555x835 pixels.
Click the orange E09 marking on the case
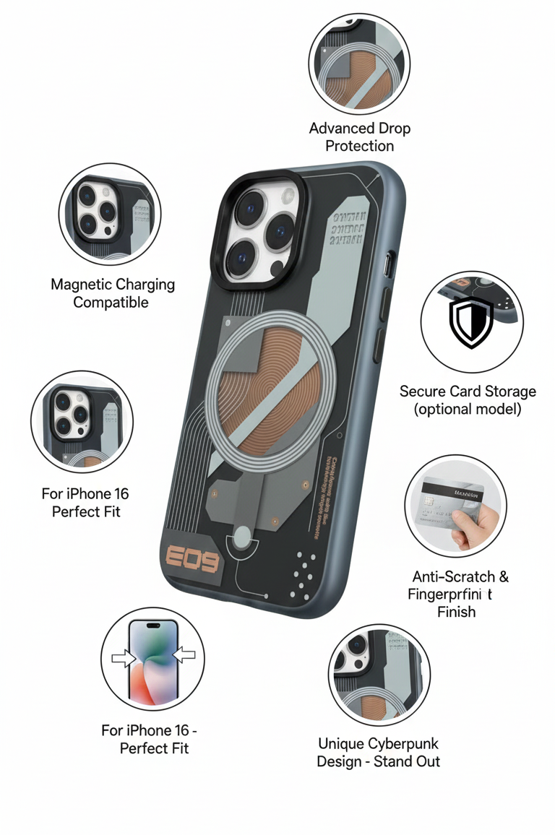192,558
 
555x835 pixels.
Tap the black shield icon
471,321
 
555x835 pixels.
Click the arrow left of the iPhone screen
124,658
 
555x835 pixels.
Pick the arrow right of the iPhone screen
185,655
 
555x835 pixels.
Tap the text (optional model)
468,409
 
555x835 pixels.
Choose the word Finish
456,612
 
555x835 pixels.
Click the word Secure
422,391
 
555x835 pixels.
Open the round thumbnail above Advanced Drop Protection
359,62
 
